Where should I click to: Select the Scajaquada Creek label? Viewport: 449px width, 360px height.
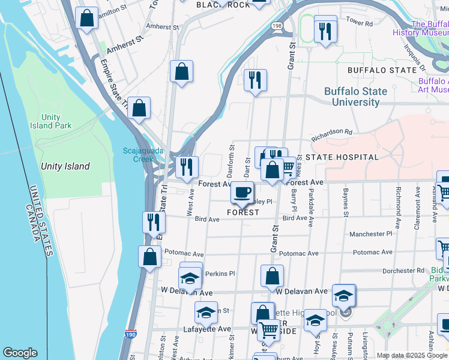coord(143,155)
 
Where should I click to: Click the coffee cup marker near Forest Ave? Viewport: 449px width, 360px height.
coord(242,193)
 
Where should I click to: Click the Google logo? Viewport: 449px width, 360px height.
coord(20,353)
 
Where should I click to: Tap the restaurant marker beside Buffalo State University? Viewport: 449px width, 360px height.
coord(255,80)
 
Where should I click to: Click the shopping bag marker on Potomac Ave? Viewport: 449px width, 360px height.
coord(149,257)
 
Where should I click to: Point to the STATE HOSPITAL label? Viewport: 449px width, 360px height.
coord(342,157)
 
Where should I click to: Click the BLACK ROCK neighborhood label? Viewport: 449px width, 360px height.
coord(223,5)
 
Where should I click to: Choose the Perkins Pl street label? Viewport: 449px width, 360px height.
coord(220,274)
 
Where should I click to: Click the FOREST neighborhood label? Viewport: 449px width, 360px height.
coord(243,212)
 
